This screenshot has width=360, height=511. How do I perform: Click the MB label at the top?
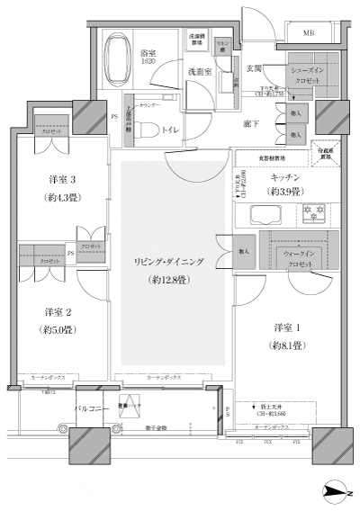pos(309,33)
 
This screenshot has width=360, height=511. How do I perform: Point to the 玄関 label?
pos(255,68)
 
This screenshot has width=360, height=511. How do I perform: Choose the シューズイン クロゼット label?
pos(310,75)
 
